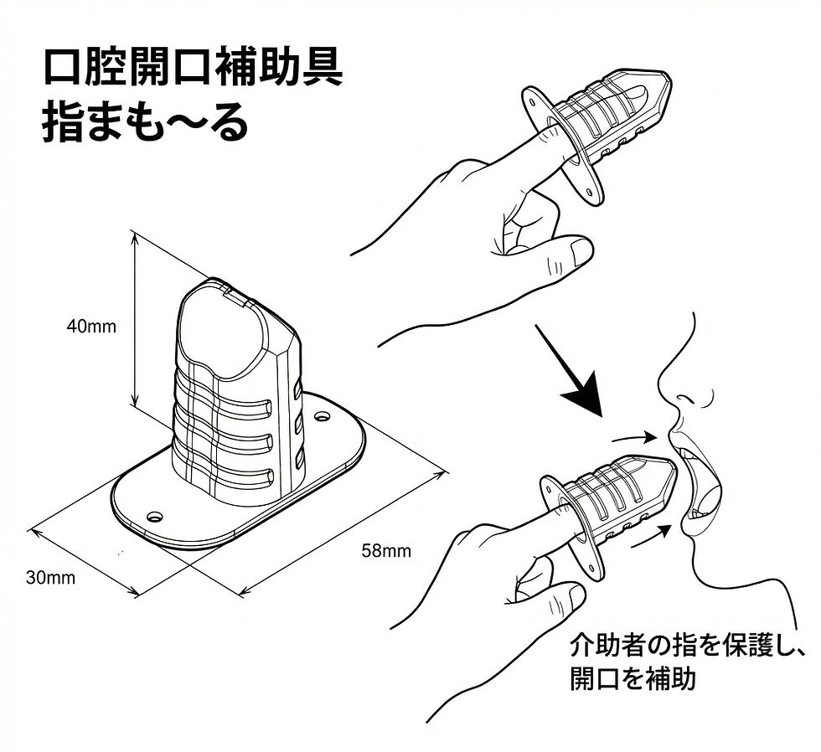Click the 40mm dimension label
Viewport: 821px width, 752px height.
(91, 327)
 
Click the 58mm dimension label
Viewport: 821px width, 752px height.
(386, 550)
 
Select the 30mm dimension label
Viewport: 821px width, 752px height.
(50, 577)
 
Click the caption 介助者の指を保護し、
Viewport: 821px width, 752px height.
(687, 646)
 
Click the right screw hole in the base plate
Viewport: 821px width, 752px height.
(322, 415)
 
